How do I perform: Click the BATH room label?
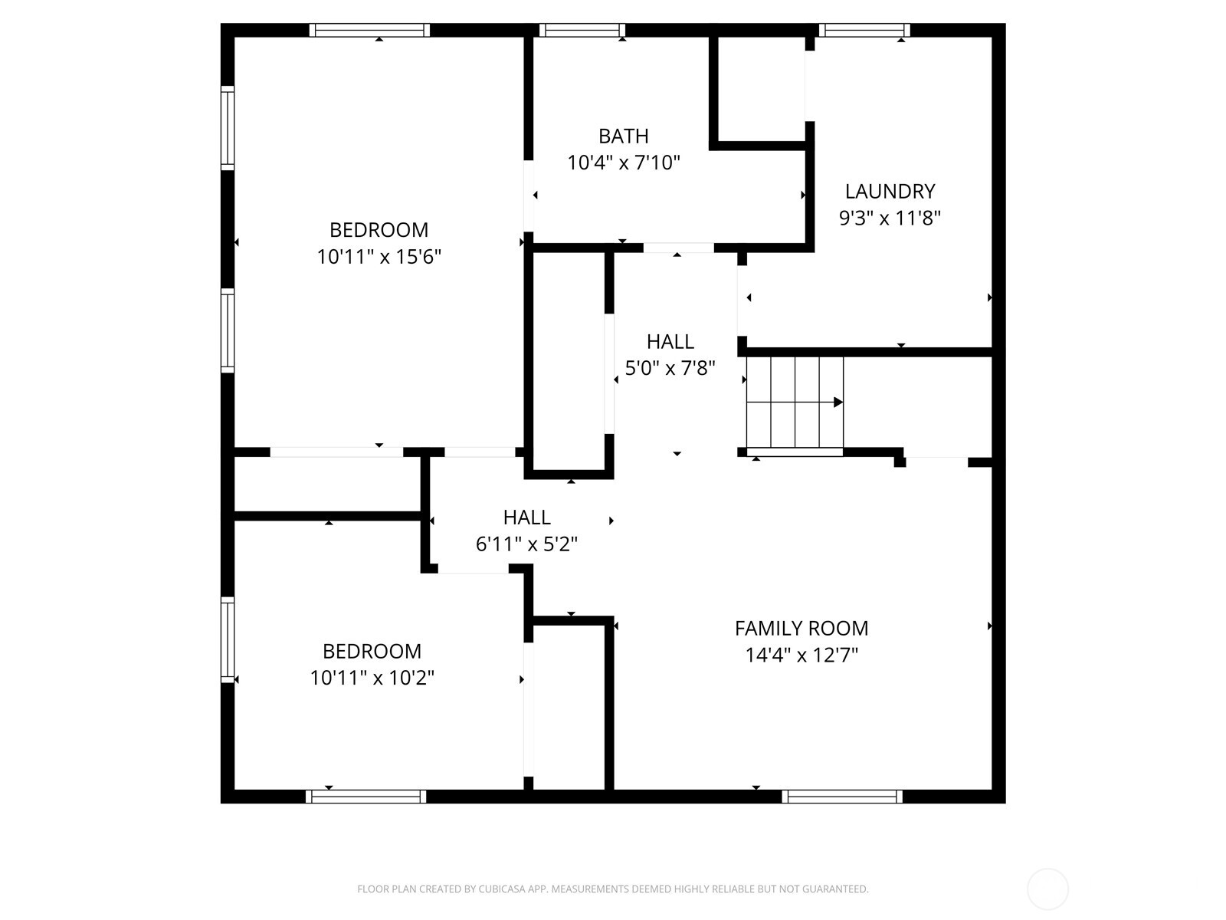point(623,136)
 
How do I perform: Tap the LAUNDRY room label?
point(890,191)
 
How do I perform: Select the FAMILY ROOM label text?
point(801,629)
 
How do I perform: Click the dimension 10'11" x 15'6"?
point(379,257)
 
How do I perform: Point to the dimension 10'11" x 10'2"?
point(372,678)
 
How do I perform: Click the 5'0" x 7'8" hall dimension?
point(670,369)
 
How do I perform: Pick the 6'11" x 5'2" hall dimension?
point(526,544)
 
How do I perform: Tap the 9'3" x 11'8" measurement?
point(890,219)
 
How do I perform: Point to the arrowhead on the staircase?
point(838,402)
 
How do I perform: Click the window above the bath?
point(582,31)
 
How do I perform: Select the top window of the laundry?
point(864,31)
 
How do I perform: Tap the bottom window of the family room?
point(842,797)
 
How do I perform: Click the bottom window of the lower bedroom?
point(366,797)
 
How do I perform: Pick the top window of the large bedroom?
point(369,31)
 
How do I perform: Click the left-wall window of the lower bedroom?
point(228,639)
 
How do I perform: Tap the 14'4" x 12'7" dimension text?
point(801,655)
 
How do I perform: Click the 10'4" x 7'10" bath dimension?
point(623,163)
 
